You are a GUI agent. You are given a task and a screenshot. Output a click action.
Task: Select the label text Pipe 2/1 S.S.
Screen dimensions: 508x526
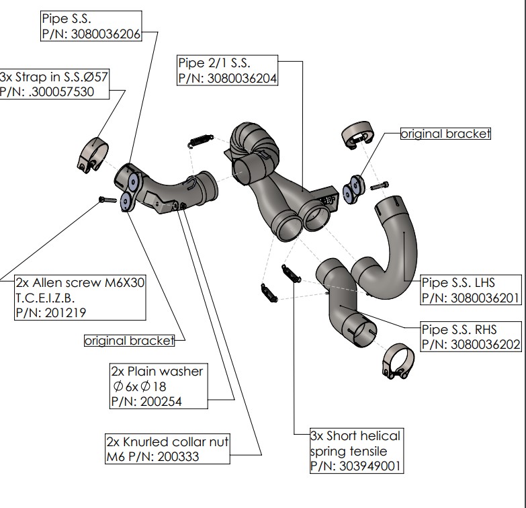pos(214,63)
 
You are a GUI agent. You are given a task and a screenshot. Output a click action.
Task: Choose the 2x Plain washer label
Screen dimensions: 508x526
pos(157,371)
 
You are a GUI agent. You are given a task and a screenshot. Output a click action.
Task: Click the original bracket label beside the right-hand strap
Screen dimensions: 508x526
pos(445,134)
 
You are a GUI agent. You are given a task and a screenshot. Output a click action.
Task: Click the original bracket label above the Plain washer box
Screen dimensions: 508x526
pos(128,341)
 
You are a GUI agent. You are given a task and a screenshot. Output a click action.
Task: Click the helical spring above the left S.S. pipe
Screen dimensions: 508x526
pos(198,140)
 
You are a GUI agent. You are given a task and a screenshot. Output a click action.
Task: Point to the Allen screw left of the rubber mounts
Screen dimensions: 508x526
pos(105,199)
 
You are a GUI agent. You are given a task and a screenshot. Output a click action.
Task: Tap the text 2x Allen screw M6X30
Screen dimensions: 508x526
pos(79,283)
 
